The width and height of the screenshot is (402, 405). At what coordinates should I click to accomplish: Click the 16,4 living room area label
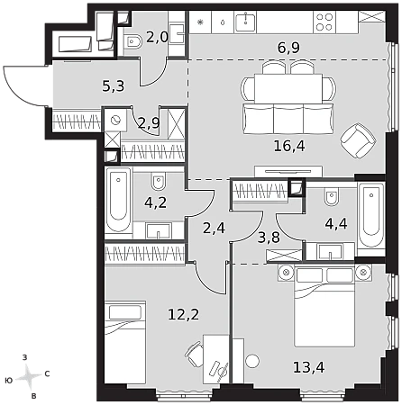coord(289,146)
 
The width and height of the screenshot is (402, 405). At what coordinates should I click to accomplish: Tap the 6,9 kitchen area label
coord(288,48)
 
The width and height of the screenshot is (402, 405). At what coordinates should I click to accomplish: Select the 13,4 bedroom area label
coord(309,367)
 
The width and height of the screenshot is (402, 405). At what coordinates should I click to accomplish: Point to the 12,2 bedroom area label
coord(183,315)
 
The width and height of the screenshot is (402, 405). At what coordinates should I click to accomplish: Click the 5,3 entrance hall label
coord(114,86)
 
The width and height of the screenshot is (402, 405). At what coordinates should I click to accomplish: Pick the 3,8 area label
coord(269,238)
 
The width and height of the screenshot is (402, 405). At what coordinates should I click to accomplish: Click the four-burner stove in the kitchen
coord(324,22)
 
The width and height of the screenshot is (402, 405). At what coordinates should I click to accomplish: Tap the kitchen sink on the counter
coord(246,22)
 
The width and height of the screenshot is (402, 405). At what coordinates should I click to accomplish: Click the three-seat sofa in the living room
coord(288,119)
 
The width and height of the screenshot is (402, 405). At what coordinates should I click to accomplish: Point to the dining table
coord(288,88)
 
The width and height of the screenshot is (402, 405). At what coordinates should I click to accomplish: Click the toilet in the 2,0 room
coord(132,41)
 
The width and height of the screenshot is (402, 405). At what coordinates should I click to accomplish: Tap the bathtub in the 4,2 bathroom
coord(119,200)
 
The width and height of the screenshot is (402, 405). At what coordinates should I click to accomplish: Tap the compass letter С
coord(47,373)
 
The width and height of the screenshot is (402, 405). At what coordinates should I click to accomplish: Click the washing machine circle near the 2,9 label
coord(115,121)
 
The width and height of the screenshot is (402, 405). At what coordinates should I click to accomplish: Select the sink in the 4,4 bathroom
coord(330,251)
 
